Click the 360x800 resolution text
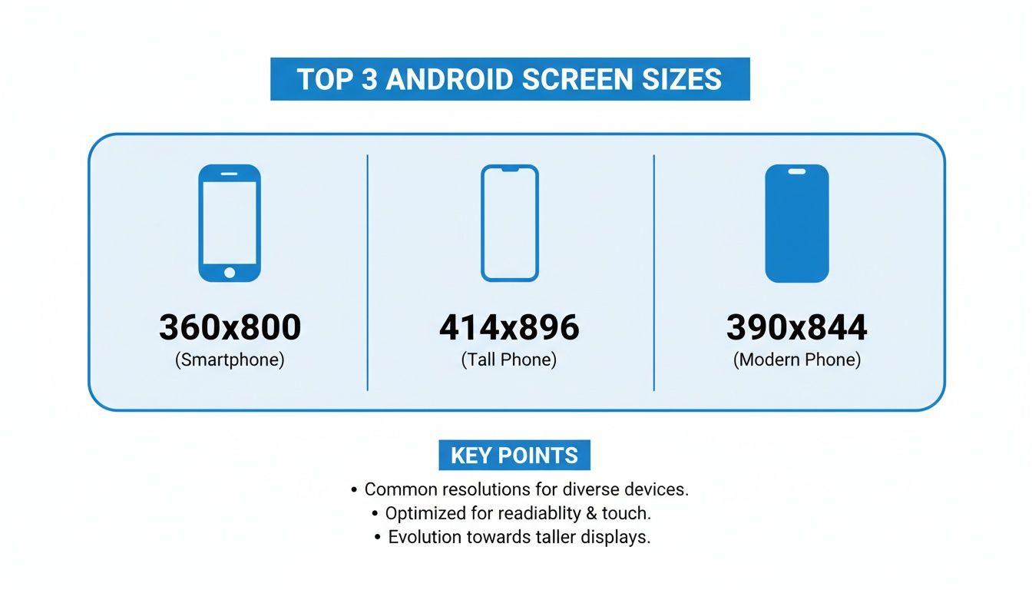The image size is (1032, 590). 230,328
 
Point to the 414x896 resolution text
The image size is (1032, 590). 509,328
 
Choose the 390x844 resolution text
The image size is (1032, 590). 796,328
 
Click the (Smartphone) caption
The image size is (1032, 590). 230,360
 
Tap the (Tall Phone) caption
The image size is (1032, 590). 509,360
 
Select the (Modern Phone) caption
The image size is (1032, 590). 797,360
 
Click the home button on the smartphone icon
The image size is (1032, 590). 230,272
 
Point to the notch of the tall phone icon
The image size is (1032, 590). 510,168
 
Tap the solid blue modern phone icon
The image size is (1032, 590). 797,230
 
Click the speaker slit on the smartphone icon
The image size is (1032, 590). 230,174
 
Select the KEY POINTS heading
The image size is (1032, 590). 514,456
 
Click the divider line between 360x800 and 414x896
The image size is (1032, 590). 368,272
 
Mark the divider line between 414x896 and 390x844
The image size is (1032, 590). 653,272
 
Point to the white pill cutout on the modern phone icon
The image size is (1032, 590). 797,171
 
